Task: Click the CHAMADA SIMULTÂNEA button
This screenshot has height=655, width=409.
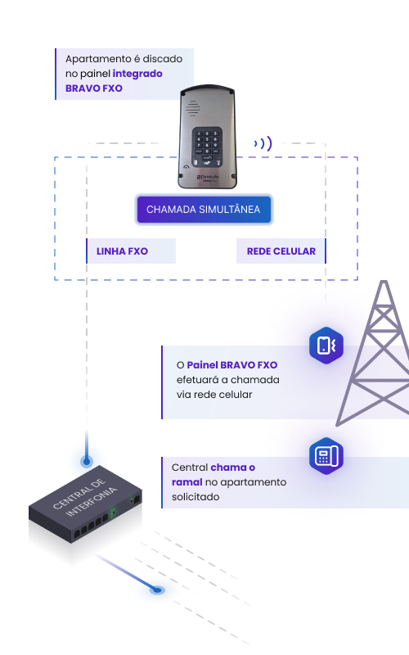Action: [x=204, y=210]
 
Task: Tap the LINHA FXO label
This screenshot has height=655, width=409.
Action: [x=122, y=251]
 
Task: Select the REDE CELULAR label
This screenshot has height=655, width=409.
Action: [x=281, y=251]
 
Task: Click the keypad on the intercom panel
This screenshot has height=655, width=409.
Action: [x=207, y=147]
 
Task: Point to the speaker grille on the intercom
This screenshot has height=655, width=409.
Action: [x=192, y=108]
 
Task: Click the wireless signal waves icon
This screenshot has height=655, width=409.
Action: [x=263, y=144]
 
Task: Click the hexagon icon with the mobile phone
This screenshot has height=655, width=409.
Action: [x=326, y=345]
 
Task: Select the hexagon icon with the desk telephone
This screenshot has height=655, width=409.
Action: [x=326, y=456]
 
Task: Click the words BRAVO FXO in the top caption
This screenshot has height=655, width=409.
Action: [x=94, y=88]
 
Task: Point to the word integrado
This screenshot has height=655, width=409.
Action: [x=137, y=74]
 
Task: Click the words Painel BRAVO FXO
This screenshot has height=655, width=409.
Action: [x=232, y=364]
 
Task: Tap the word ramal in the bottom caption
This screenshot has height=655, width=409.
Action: [x=187, y=482]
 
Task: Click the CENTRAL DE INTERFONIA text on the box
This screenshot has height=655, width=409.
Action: [x=85, y=497]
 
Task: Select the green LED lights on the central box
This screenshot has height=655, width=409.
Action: [x=112, y=513]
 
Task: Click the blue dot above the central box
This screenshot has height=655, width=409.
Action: [x=87, y=461]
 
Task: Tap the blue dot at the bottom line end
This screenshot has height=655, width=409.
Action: [x=157, y=589]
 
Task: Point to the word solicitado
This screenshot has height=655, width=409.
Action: [x=196, y=497]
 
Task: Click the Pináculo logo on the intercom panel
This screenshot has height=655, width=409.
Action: [x=209, y=177]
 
